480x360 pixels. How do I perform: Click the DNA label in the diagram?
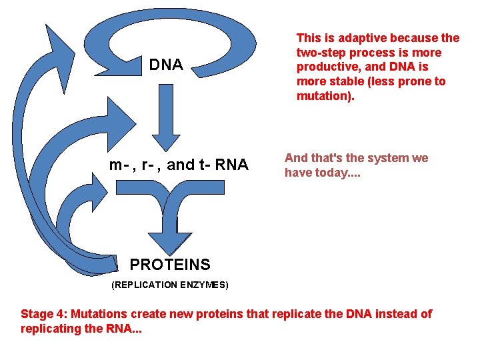tap(166, 65)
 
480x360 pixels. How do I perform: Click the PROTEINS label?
tap(170, 265)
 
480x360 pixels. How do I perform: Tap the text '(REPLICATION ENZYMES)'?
tap(170, 285)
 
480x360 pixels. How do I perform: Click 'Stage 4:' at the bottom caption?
tap(44, 314)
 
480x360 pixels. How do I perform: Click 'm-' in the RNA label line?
tap(118, 165)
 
